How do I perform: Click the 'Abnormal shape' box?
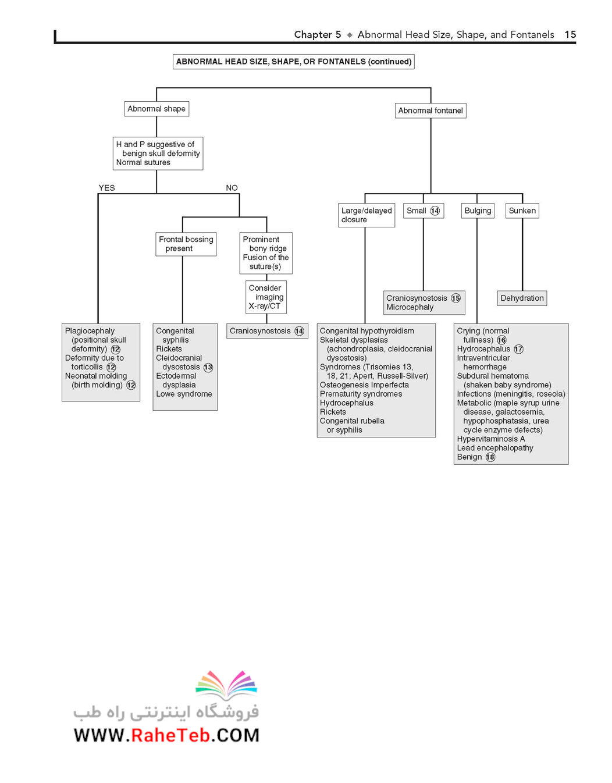[156, 109]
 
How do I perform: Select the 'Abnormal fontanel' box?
[430, 111]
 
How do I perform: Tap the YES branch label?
[106, 188]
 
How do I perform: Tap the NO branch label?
[232, 188]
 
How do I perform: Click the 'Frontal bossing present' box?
[186, 244]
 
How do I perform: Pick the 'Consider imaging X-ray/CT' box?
[266, 297]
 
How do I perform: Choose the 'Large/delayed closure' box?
[367, 215]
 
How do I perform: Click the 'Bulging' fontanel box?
[478, 211]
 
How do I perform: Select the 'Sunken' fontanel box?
[522, 211]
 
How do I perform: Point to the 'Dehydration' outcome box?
[522, 298]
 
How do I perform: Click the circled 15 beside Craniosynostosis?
[456, 298]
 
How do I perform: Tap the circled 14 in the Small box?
[435, 211]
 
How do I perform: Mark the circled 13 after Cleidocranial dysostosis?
[208, 367]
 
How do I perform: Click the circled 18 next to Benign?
[490, 457]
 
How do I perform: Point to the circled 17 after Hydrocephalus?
[518, 349]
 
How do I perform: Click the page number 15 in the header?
[570, 34]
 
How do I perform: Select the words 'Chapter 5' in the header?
[318, 34]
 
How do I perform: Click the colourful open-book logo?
[226, 685]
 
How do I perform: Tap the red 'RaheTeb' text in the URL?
[170, 735]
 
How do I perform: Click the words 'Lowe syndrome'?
[184, 394]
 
